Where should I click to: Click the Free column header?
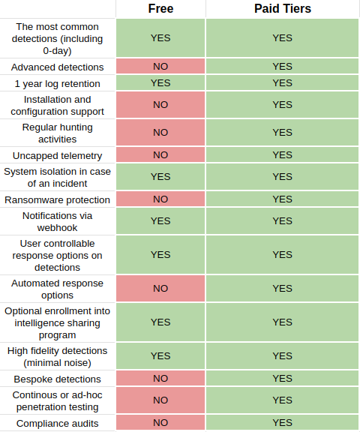tap(160, 8)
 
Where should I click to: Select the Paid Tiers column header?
tap(283, 8)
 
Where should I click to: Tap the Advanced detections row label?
tap(57, 67)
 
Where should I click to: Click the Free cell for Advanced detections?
tap(160, 66)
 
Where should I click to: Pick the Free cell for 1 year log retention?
tap(160, 82)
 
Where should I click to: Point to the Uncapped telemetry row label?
tap(57, 156)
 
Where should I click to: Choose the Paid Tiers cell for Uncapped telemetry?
tap(282, 154)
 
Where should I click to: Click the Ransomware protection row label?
tap(57, 199)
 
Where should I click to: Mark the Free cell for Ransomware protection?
tap(160, 199)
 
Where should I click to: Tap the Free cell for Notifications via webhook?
tap(160, 221)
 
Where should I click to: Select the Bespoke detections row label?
tap(57, 379)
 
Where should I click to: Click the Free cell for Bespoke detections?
tap(160, 378)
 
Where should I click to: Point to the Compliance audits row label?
tap(57, 423)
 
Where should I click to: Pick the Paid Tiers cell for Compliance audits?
tap(282, 422)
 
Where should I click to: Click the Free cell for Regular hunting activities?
tap(160, 132)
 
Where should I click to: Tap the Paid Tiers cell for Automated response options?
tap(282, 289)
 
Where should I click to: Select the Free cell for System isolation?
tap(160, 176)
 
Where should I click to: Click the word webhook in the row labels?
tap(57, 228)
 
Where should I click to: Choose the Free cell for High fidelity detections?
tap(160, 356)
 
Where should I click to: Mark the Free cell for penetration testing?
tap(160, 400)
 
